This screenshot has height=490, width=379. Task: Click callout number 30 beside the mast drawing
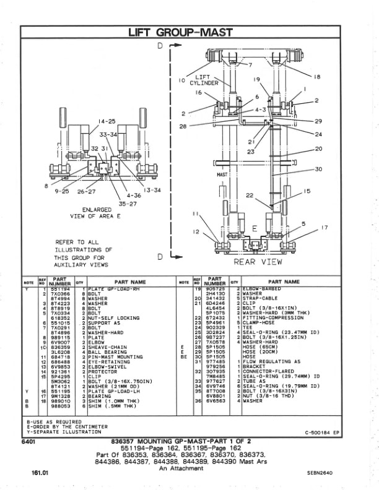(318, 169)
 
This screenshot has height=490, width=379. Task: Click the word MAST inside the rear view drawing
(222, 175)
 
